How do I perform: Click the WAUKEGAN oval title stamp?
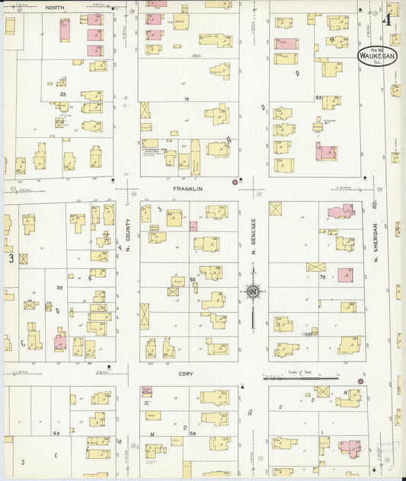click(x=377, y=55)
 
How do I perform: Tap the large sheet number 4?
click(x=388, y=20)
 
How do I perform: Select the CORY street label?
click(x=186, y=374)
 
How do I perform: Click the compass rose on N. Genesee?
click(x=252, y=290)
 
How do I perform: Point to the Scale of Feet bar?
click(x=300, y=376)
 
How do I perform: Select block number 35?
click(x=59, y=288)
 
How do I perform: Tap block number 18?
click(x=185, y=99)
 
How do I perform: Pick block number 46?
click(x=56, y=433)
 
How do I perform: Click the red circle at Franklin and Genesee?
click(x=235, y=182)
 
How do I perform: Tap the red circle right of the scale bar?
click(x=360, y=381)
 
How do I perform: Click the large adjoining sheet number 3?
click(x=11, y=259)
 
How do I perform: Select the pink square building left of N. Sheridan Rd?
click(x=345, y=275)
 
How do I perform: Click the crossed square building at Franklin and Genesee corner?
click(x=275, y=209)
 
